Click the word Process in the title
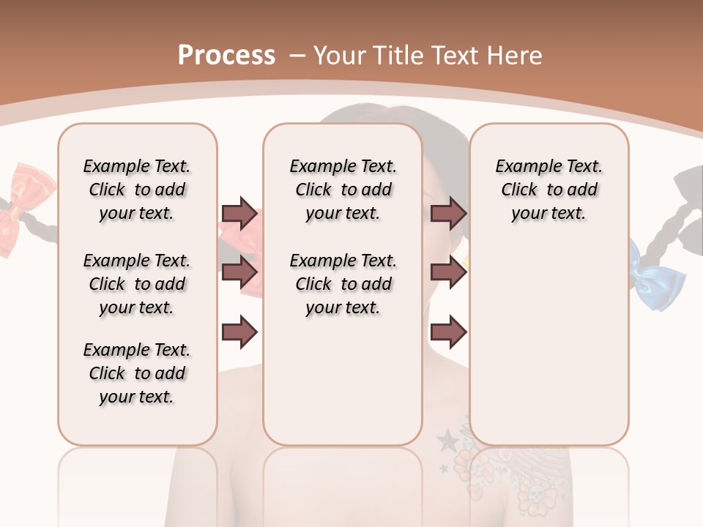click(x=226, y=56)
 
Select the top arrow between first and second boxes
click(x=239, y=214)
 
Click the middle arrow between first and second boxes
click(x=239, y=273)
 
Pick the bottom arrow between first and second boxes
click(x=239, y=332)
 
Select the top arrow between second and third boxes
click(x=448, y=214)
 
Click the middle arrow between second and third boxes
click(x=448, y=273)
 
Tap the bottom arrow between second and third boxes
click(x=448, y=332)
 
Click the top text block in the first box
click(x=137, y=190)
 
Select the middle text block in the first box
click(x=137, y=284)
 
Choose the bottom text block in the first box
click(x=137, y=373)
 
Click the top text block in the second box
click(x=343, y=190)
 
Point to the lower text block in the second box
click(x=343, y=284)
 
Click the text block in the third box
click(x=548, y=190)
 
